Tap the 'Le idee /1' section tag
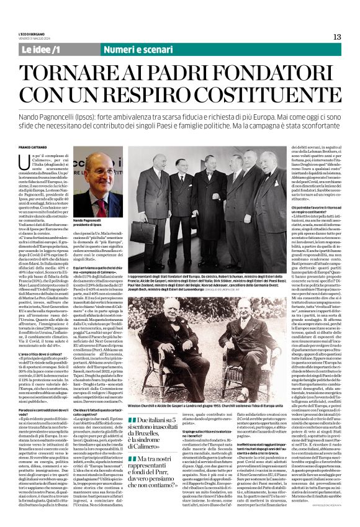[41, 49]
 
